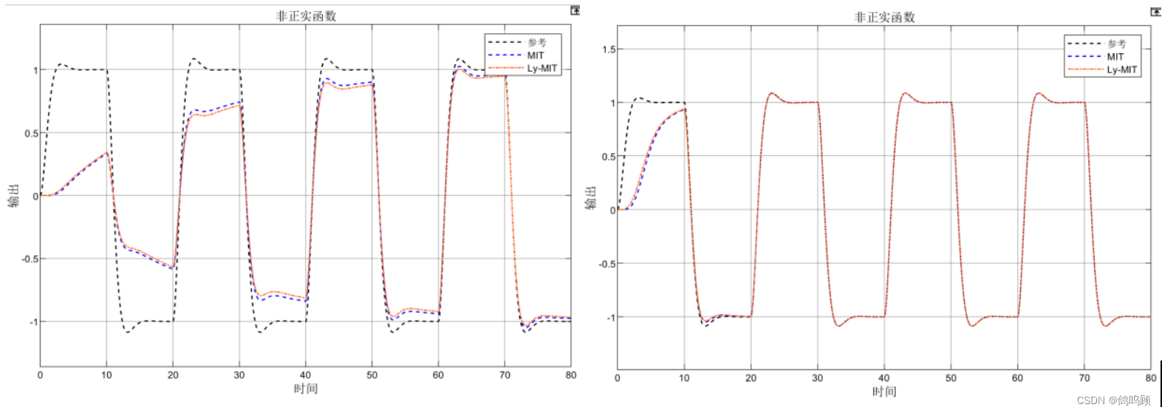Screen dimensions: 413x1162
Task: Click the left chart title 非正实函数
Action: click(306, 16)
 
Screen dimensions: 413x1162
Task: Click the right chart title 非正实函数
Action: click(884, 17)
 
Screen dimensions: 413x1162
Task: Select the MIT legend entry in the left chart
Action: click(535, 55)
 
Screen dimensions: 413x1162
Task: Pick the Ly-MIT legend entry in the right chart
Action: click(1121, 69)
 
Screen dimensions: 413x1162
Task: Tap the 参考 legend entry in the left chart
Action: click(536, 43)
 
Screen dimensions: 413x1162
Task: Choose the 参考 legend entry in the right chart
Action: click(1116, 44)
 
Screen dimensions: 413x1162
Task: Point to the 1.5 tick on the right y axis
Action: click(608, 50)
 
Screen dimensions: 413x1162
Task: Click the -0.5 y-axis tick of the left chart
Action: click(30, 259)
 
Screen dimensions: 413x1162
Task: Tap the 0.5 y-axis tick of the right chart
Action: click(608, 157)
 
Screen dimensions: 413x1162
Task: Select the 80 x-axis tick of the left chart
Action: click(571, 375)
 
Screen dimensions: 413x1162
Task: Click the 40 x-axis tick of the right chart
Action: click(884, 378)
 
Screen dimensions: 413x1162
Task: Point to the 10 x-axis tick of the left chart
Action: click(106, 375)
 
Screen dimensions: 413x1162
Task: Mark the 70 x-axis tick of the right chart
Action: click(1084, 378)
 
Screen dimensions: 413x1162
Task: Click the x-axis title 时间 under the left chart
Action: click(305, 389)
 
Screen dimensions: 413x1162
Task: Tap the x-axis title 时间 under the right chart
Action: click(884, 392)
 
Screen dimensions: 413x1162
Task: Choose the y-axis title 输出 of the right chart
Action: click(591, 198)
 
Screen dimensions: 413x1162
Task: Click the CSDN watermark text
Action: click(1113, 400)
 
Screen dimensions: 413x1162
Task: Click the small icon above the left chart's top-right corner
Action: click(575, 10)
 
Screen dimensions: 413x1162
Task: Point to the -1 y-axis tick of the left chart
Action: click(33, 322)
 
